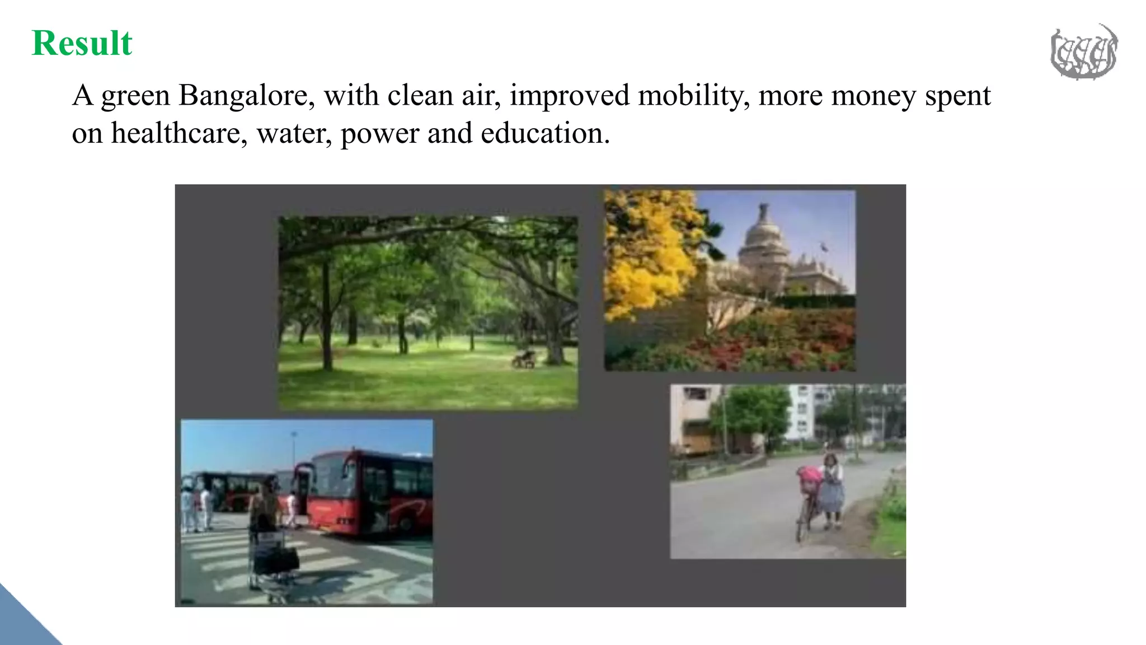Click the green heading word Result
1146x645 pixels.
(82, 43)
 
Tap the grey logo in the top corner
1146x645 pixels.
(1083, 52)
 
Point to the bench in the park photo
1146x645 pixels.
(524, 358)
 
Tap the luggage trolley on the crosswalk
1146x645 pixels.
(274, 560)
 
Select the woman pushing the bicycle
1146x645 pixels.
(832, 490)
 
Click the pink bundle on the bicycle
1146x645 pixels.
(809, 475)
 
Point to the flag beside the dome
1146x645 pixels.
(823, 246)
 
